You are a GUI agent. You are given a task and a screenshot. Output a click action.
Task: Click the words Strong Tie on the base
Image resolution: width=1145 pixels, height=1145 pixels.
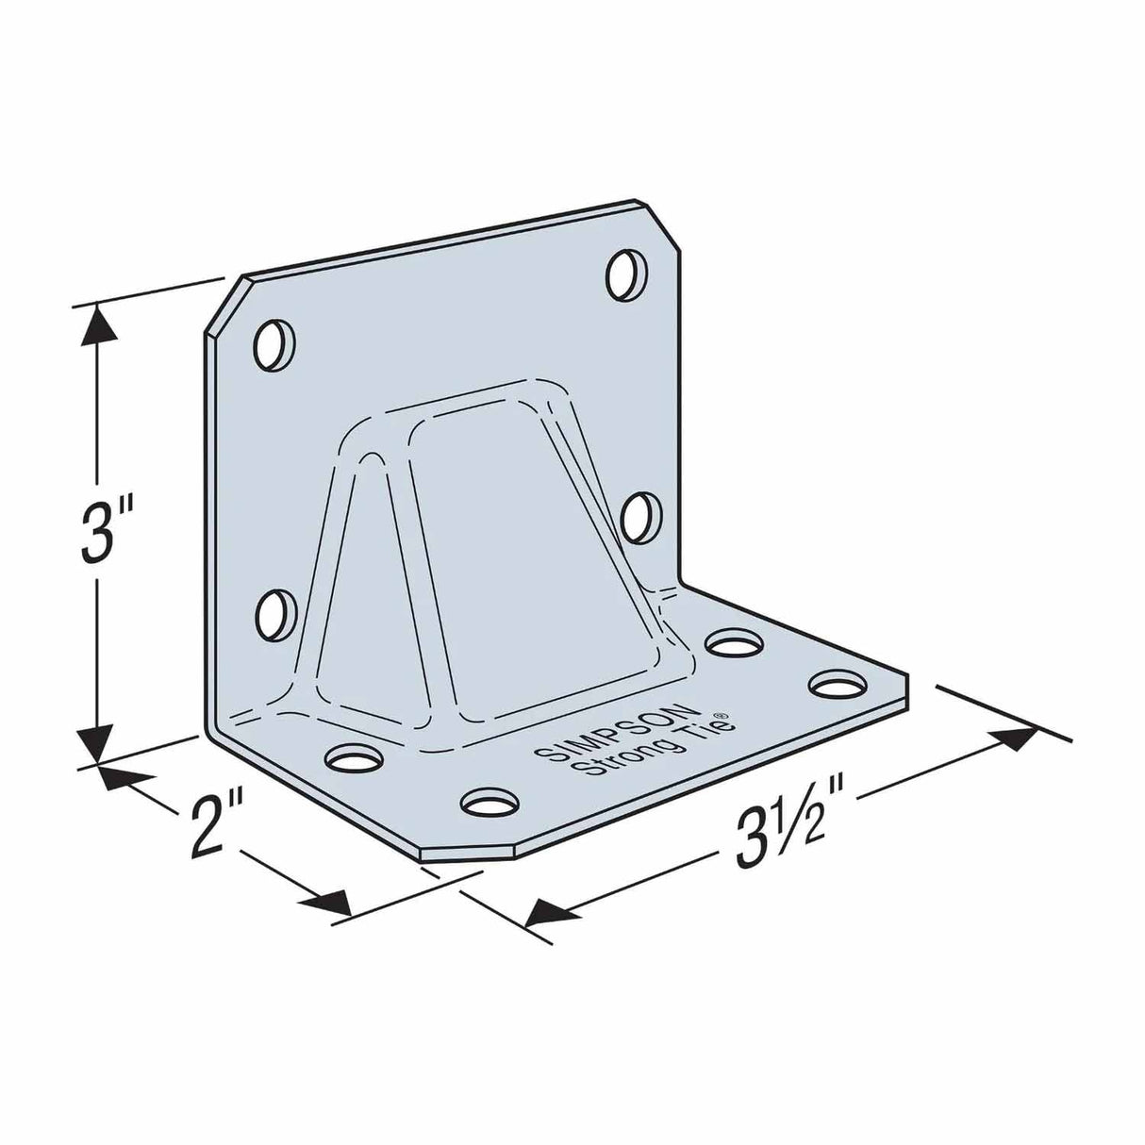(x=657, y=746)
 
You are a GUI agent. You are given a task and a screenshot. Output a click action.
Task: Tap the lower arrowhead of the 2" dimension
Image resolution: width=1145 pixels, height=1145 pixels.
(x=325, y=904)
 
